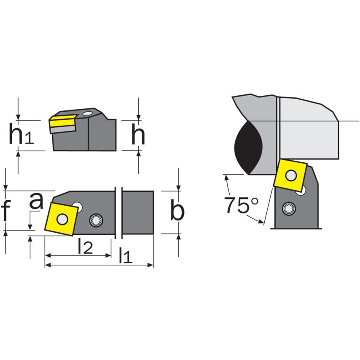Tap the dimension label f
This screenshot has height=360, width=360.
pos(6,211)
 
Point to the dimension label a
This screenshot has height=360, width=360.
pos(36,202)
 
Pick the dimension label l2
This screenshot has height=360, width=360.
pos(85,247)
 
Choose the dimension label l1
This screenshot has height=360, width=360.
pos(125,255)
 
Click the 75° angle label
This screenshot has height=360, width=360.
pos(241,205)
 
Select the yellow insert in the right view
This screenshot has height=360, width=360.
pos(290,175)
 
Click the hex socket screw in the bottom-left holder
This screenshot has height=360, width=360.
pos(96,220)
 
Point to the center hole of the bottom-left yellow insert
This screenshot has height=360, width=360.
pos(62,219)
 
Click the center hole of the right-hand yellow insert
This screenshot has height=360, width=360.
pos(291,175)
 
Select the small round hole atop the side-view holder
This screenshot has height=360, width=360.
pos(87,113)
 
